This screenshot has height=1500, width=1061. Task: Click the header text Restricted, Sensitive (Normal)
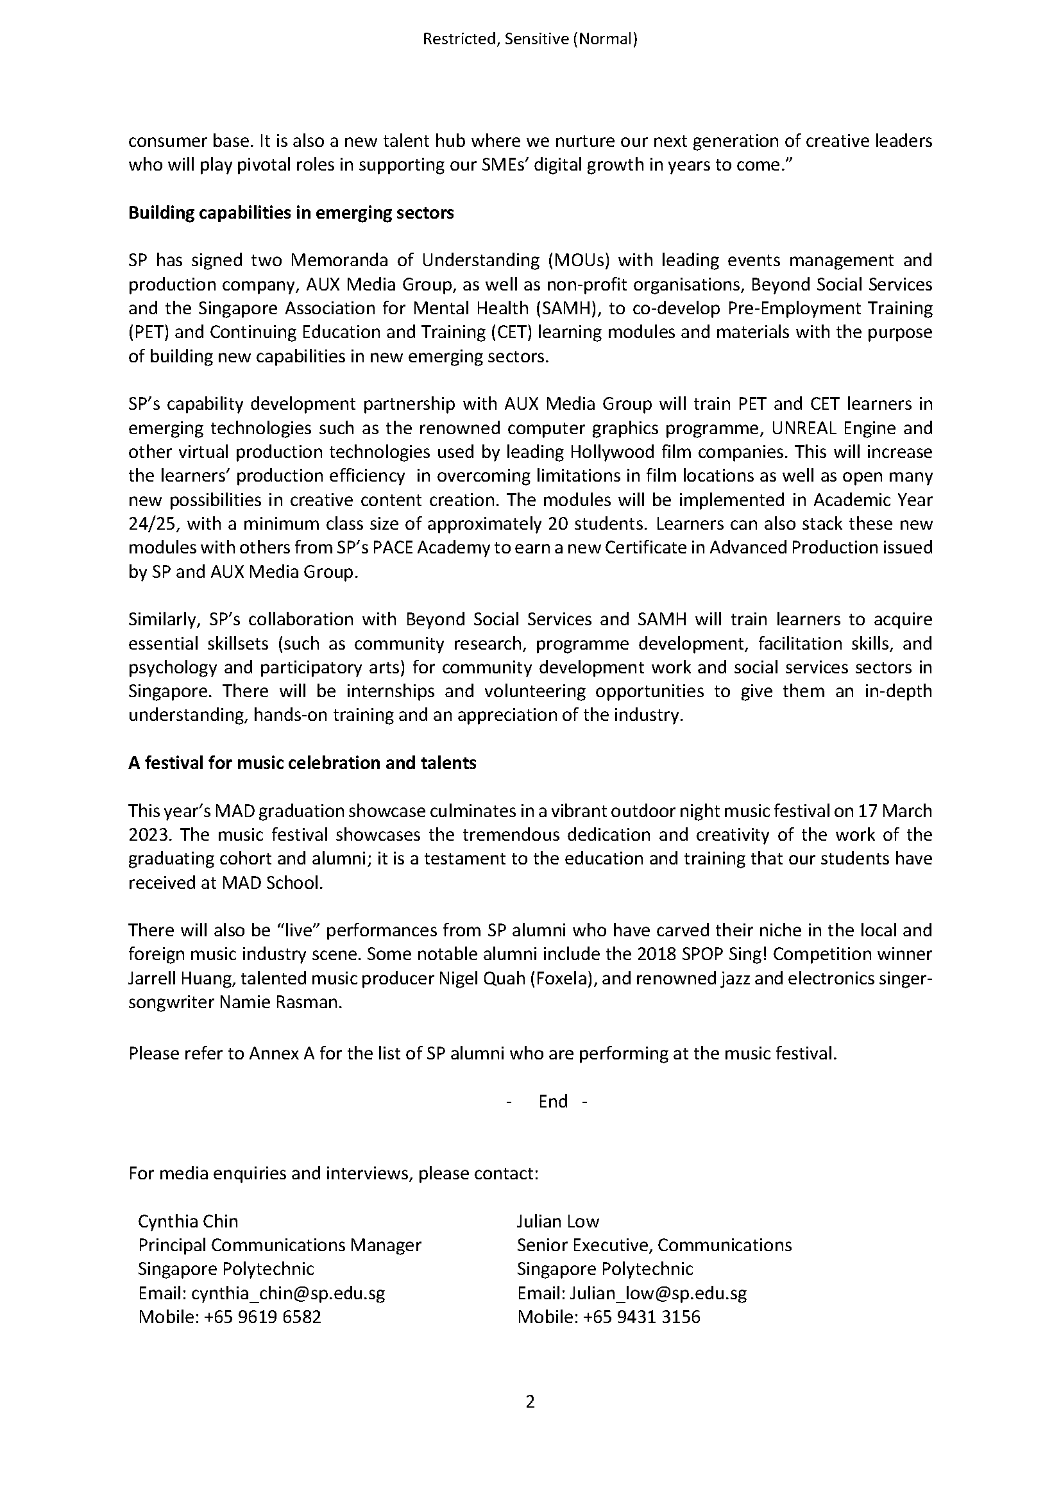530,39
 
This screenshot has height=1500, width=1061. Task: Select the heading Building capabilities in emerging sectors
291,213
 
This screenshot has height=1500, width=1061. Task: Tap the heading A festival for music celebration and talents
302,763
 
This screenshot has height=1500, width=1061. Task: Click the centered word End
553,1102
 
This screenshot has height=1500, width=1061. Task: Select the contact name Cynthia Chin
188,1221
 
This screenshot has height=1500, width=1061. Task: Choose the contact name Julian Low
557,1221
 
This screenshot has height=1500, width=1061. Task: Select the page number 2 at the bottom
530,1402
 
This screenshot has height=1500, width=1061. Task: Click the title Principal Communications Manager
280,1245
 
